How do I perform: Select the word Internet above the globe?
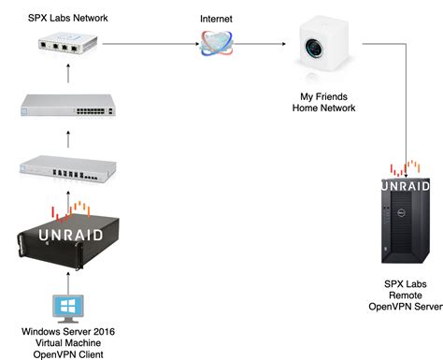click(217, 18)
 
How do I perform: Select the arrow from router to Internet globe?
click(150, 42)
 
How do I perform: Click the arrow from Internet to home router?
click(262, 42)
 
